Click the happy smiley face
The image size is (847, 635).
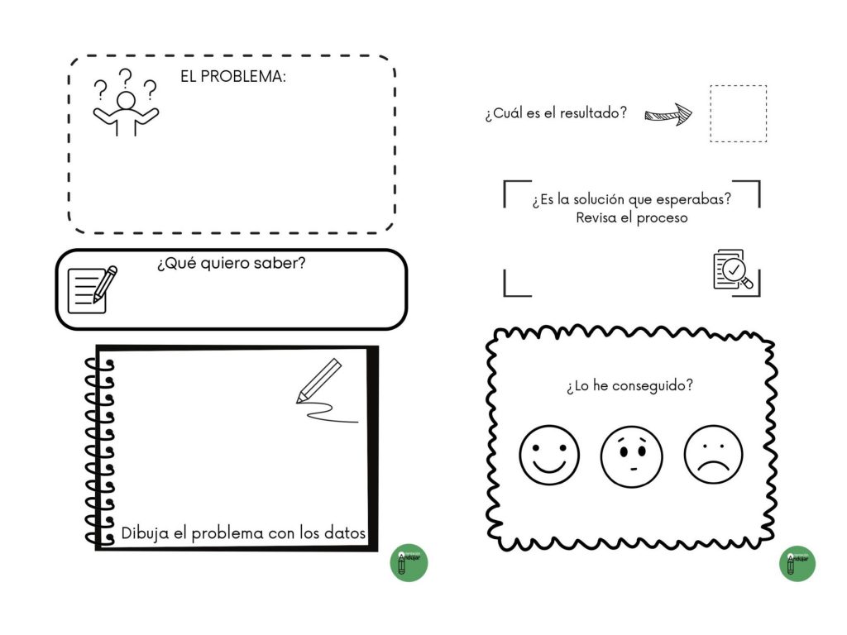[x=549, y=456]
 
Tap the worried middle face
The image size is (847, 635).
[x=631, y=456]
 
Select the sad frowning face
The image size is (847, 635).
[x=713, y=455]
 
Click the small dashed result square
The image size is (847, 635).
[x=738, y=113]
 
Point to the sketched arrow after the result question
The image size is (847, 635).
[x=668, y=114]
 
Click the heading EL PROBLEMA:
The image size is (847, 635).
[x=232, y=77]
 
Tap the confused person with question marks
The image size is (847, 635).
[x=126, y=102]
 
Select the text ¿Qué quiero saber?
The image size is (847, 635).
[x=232, y=263]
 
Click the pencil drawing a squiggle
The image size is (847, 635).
[x=325, y=390]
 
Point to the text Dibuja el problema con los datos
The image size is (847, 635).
[x=243, y=533]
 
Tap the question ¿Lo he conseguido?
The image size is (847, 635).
[x=629, y=385]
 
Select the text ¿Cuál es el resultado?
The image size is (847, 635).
[x=556, y=112]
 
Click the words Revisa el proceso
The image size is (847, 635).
[x=631, y=217]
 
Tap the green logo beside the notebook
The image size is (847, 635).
[x=409, y=562]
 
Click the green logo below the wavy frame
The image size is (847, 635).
[x=797, y=564]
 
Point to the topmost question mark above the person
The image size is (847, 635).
[x=126, y=79]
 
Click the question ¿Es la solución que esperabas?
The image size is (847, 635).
[x=631, y=199]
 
